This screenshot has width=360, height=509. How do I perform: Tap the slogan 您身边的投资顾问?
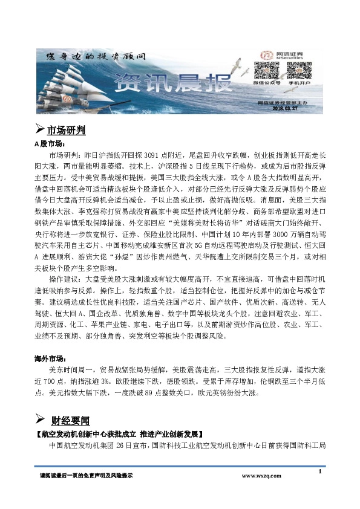[x=97, y=56]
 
